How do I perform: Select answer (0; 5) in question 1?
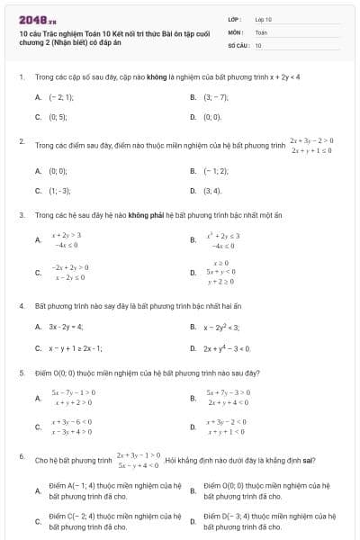[x=58, y=117]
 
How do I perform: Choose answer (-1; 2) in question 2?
[x=216, y=170]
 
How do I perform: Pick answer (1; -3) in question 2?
[x=59, y=191]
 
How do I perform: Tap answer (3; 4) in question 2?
[x=212, y=191]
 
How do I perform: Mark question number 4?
[x=21, y=305]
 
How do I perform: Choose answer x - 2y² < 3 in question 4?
[x=221, y=327]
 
